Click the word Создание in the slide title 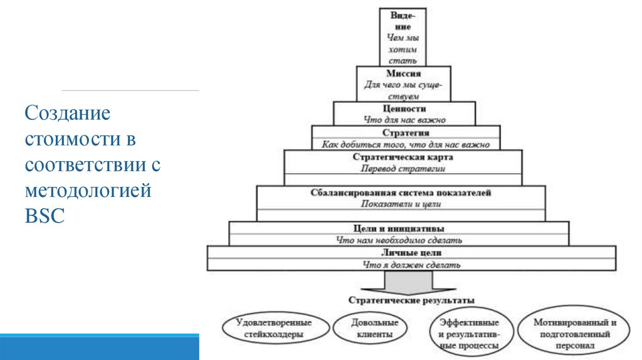(67, 114)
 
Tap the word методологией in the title (88, 190)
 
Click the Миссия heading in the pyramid (403, 73)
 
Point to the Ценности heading (404, 109)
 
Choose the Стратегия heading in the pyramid (405, 133)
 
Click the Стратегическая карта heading (403, 157)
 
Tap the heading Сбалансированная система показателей (401, 193)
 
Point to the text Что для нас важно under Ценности (404, 120)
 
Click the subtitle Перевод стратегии (403, 169)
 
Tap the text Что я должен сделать (412, 265)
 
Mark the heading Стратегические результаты (411, 301)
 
